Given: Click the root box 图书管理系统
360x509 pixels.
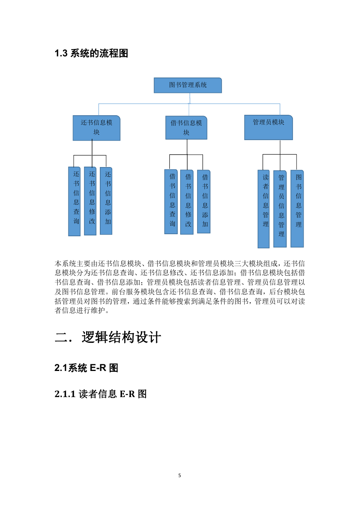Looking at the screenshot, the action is (x=188, y=85).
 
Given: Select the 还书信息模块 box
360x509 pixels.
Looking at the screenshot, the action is (x=97, y=128).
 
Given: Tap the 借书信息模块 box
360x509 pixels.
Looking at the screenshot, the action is (x=186, y=128).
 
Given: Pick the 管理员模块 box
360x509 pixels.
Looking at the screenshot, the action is (x=268, y=128).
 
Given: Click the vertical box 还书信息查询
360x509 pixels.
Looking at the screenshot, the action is (x=75, y=201).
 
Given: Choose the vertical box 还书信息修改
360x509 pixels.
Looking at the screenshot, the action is (x=90, y=201).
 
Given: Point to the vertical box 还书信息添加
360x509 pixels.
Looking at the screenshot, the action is (x=106, y=201).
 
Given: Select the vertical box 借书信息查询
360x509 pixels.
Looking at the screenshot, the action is (x=171, y=201).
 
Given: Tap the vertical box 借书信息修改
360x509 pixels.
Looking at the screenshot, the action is (x=187, y=202).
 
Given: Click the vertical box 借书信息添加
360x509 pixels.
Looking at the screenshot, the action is (x=204, y=201).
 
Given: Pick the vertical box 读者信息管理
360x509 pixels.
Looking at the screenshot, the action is (x=264, y=209).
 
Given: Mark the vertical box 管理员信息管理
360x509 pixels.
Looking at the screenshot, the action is (x=280, y=209).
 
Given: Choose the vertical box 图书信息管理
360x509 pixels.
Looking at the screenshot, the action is (x=297, y=208).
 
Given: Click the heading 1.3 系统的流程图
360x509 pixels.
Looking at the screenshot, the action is (x=91, y=53).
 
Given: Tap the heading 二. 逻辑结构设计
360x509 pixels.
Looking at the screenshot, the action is (x=108, y=337).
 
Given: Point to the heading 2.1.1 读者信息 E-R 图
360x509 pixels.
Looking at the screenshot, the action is (x=101, y=394).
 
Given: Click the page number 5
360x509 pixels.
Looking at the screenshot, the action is (x=180, y=475).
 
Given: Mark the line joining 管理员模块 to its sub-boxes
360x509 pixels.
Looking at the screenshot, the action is (x=280, y=155).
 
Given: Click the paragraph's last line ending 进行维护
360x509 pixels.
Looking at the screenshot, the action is (x=82, y=310).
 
